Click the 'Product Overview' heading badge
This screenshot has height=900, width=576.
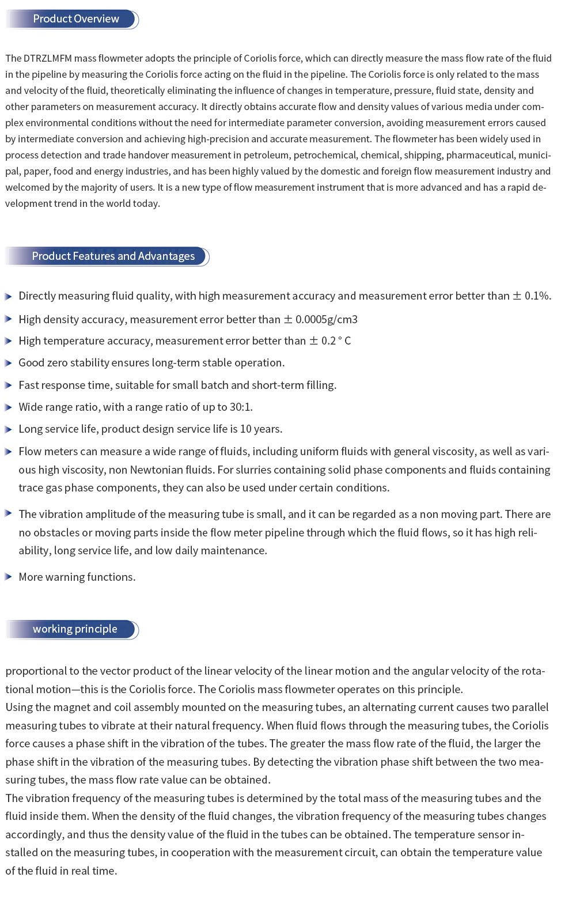click(75, 19)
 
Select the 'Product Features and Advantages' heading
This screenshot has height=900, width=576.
click(113, 256)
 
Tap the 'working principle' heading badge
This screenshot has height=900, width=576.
click(75, 629)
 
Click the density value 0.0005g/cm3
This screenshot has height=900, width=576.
click(326, 320)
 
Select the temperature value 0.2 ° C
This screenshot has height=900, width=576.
click(336, 341)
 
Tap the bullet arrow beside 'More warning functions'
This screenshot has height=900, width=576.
click(8, 577)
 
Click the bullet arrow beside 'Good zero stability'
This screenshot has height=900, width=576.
click(8, 363)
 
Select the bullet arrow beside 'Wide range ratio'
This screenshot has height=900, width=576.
click(8, 407)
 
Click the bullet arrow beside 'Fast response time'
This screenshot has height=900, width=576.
click(8, 385)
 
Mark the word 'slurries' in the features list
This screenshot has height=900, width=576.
click(253, 470)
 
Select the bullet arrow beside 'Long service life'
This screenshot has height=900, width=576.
click(8, 429)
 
